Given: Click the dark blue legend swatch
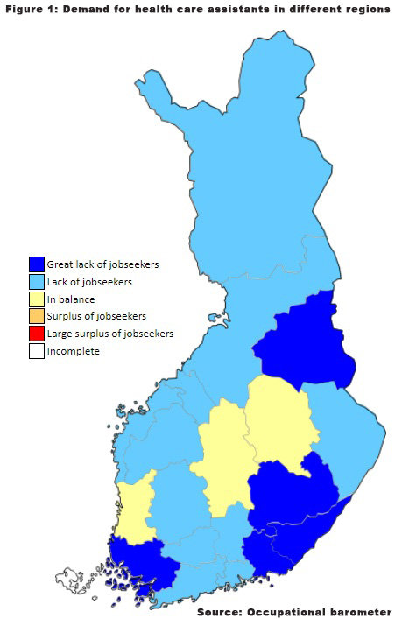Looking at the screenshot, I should click(x=37, y=264).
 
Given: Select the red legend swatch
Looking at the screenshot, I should click(x=37, y=334).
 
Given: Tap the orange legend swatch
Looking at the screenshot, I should click(x=37, y=316).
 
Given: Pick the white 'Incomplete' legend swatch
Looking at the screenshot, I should click(x=37, y=351).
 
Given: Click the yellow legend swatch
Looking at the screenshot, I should click(x=37, y=299).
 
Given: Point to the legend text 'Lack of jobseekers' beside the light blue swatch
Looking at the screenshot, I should click(x=89, y=281).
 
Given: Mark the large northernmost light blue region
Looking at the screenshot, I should click(x=236, y=175).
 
